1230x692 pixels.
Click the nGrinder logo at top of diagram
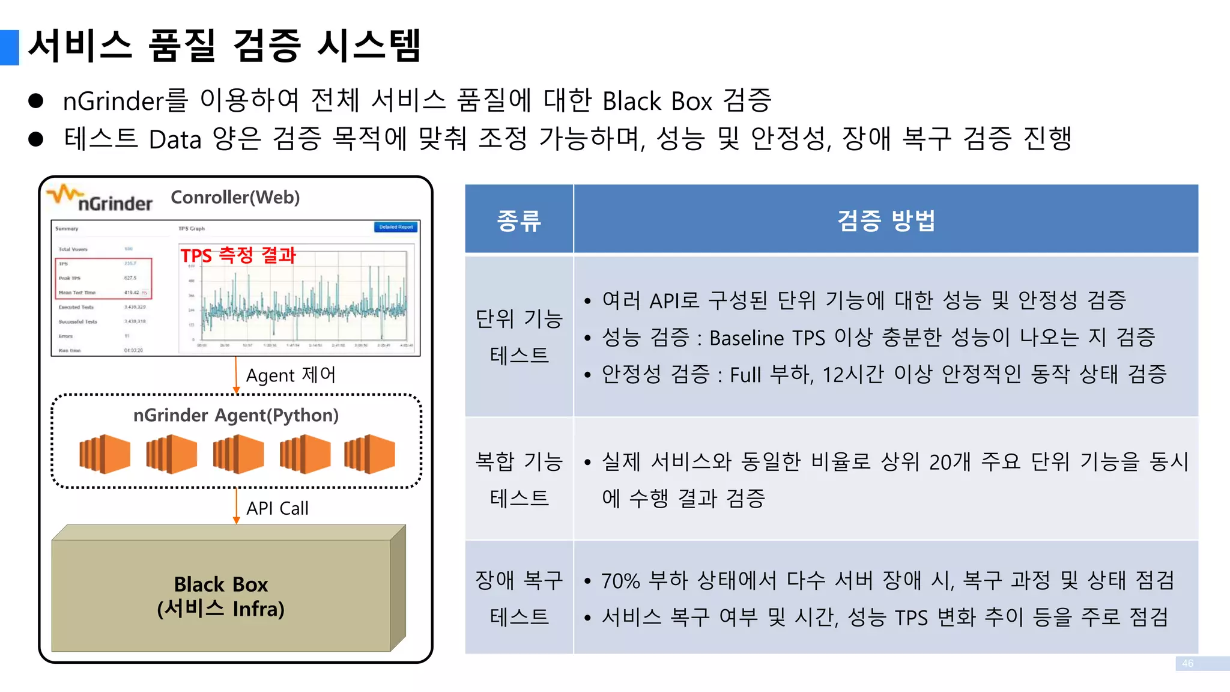point(100,199)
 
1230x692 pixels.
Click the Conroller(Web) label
point(235,198)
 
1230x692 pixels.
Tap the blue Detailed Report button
point(396,227)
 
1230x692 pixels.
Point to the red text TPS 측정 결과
point(238,255)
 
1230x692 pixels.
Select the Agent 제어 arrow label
point(291,375)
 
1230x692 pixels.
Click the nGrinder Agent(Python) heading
point(235,415)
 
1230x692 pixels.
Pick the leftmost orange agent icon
point(105,454)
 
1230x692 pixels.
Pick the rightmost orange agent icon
point(370,454)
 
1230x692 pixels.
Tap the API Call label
point(277,508)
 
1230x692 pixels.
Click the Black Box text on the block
point(220,584)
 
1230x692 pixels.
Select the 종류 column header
point(519,220)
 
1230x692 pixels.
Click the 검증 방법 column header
point(886,220)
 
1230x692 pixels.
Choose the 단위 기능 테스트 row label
point(519,336)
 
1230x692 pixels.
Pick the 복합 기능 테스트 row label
point(519,479)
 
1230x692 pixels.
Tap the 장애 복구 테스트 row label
point(519,598)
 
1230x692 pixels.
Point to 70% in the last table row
point(620,581)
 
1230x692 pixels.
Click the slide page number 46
point(1187,663)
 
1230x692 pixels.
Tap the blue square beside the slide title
point(10,47)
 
